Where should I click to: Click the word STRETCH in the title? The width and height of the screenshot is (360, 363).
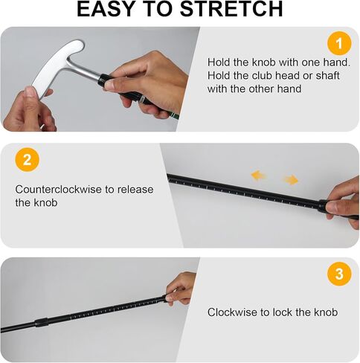click(231, 9)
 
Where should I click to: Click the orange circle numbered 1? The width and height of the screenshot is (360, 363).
click(339, 44)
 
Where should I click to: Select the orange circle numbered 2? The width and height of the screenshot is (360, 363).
click(28, 159)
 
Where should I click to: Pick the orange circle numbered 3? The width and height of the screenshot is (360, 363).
click(339, 274)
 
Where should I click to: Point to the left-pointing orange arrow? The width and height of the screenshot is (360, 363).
click(258, 176)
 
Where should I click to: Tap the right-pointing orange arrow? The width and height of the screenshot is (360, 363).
click(291, 180)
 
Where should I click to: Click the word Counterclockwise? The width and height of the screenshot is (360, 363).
click(58, 190)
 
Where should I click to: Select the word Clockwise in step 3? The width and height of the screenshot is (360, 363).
click(232, 312)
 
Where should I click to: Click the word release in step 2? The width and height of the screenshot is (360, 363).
click(135, 190)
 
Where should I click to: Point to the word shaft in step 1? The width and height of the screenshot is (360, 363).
click(327, 76)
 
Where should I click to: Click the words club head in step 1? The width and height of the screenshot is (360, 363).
click(274, 76)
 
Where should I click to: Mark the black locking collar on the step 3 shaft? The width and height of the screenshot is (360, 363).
click(42, 322)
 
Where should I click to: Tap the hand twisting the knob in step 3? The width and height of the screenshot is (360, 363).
click(181, 289)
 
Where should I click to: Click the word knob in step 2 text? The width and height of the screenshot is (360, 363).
click(45, 203)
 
